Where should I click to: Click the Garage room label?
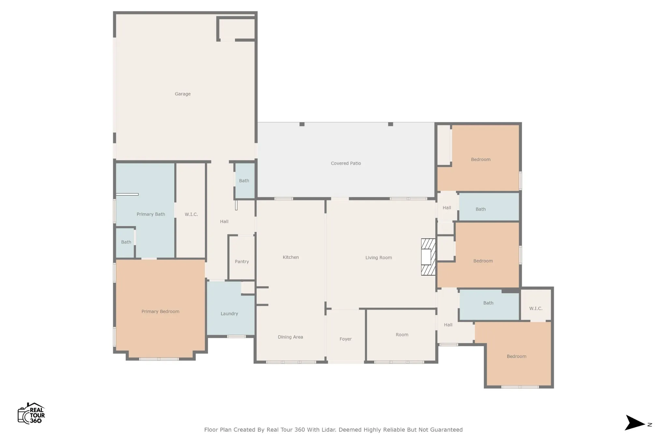point(182,94)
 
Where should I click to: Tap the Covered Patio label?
point(346,163)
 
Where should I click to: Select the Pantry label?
point(242,262)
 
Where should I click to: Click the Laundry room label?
point(229,314)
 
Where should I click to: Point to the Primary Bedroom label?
point(160,311)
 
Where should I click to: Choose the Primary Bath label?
point(151,214)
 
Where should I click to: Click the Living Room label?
point(378,258)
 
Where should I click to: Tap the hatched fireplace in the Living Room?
point(428,257)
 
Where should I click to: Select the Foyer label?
point(346,339)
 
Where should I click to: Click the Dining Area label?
point(290,337)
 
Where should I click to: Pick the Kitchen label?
point(291,257)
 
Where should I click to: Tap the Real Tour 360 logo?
point(31,413)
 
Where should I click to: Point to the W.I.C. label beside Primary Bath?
point(191,214)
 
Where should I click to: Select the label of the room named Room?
point(402,335)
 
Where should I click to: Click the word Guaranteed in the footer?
point(446,430)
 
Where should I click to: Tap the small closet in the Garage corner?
point(236,29)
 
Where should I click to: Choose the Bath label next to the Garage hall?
point(244,181)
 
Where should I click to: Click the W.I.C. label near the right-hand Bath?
point(536,309)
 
